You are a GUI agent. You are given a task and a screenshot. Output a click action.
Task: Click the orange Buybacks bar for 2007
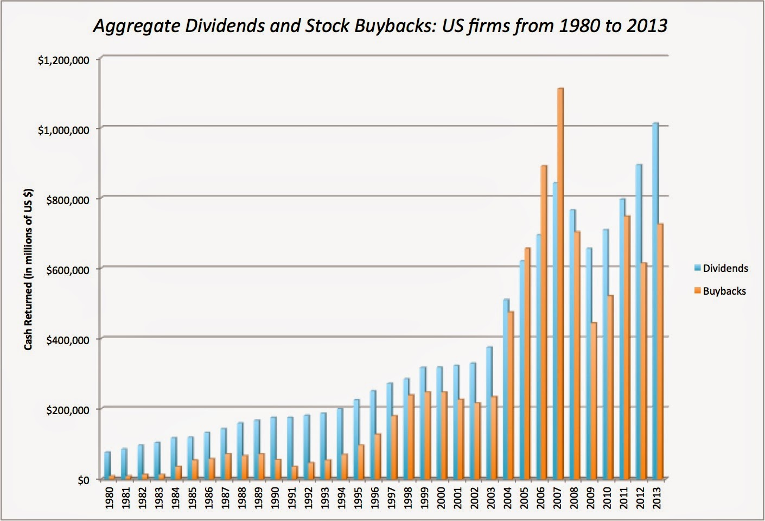(560, 282)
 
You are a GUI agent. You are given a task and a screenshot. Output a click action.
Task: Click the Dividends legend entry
(725, 268)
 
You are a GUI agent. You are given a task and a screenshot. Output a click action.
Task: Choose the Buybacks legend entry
(724, 291)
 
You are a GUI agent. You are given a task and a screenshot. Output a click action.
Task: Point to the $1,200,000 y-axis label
(64, 60)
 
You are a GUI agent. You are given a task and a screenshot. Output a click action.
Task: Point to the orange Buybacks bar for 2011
(627, 347)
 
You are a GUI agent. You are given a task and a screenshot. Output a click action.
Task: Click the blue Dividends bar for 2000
(439, 423)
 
